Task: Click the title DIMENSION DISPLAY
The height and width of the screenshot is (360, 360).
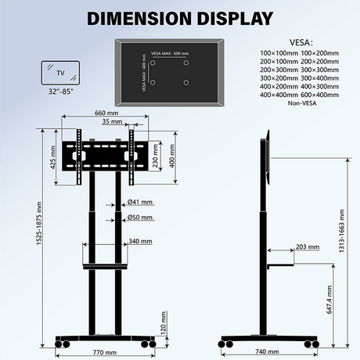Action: pyautogui.click(x=179, y=18)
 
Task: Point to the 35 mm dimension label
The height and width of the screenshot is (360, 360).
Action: pyautogui.click(x=111, y=122)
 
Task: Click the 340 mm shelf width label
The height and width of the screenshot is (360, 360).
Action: pyautogui.click(x=142, y=241)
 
